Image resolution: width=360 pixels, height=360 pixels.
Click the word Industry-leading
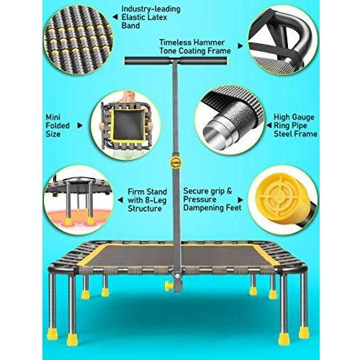pyautogui.click(x=150, y=9)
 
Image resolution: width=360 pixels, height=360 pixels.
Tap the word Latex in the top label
pyautogui.click(x=156, y=17)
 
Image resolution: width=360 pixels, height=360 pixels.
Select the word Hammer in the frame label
pyautogui.click(x=209, y=42)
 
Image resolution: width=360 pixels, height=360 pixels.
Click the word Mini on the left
pyautogui.click(x=53, y=117)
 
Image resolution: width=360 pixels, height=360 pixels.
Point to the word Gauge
pyautogui.click(x=304, y=117)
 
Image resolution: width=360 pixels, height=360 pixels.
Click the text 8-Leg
pyautogui.click(x=156, y=200)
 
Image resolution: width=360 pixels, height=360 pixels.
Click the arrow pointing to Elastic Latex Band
pyautogui.click(x=115, y=17)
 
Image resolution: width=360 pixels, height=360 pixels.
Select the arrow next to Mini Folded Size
pyautogui.click(x=80, y=125)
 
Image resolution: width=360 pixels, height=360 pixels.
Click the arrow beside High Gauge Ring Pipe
pyautogui.click(x=269, y=125)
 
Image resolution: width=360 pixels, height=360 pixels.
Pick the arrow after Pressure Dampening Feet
pyautogui.click(x=240, y=200)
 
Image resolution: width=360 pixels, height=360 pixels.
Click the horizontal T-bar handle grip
pyautogui.click(x=176, y=60)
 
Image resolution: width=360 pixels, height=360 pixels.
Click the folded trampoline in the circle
pyautogui.click(x=126, y=125)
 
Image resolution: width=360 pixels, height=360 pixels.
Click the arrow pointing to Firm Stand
pyautogui.click(x=121, y=200)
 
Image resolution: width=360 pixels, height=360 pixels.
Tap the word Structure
pyautogui.click(x=145, y=208)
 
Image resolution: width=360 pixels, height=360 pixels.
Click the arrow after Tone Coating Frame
pyautogui.click(x=240, y=46)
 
